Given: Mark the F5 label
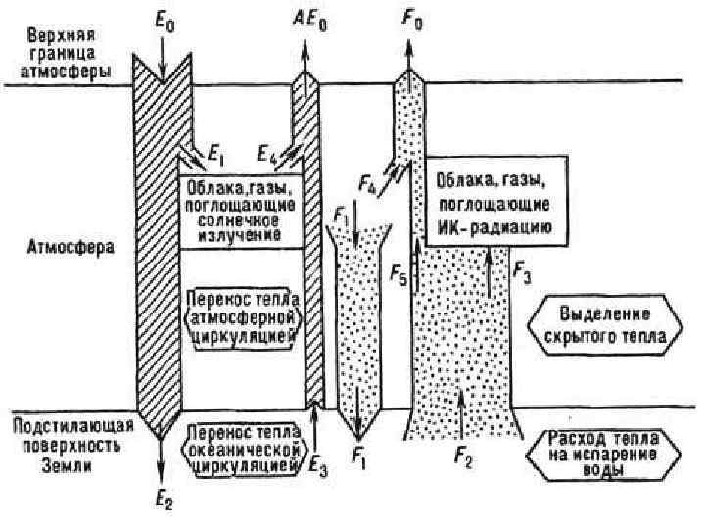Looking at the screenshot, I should coord(397,275).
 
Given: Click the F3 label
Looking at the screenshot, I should coord(522,275).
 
